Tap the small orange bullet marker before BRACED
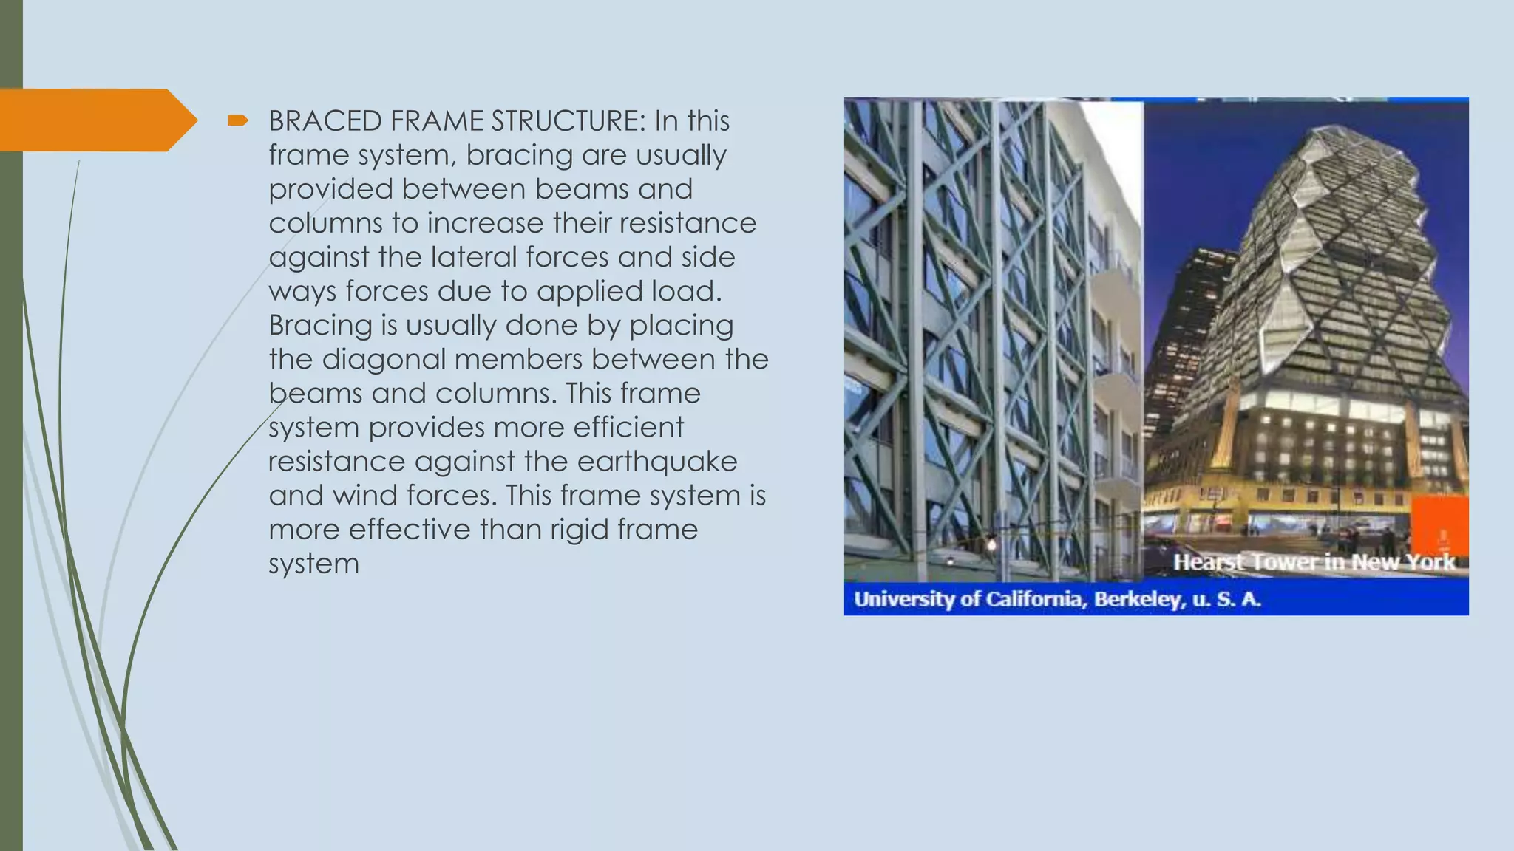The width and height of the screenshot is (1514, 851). pos(237,120)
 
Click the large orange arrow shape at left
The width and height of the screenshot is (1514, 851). pos(96,120)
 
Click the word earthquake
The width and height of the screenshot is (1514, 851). pos(656,462)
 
